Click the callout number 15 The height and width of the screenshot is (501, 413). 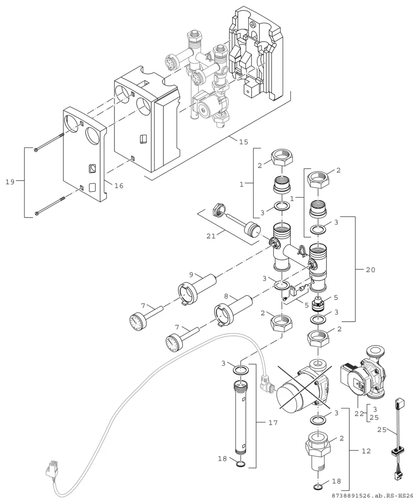pyautogui.click(x=243, y=142)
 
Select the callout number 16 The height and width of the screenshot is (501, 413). pyautogui.click(x=119, y=186)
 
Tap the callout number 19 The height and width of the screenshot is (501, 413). pyautogui.click(x=10, y=182)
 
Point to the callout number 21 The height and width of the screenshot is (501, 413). pyautogui.click(x=211, y=236)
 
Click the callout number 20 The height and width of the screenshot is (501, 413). pyautogui.click(x=370, y=270)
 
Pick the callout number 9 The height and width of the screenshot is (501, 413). pyautogui.click(x=191, y=275)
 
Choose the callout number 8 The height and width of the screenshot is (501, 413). pyautogui.click(x=226, y=296)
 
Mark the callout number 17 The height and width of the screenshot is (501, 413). pyautogui.click(x=273, y=423)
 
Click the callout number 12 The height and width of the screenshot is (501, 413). pyautogui.click(x=366, y=451)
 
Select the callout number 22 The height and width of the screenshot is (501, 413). pyautogui.click(x=359, y=414)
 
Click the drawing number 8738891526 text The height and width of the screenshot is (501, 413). pyautogui.click(x=351, y=496)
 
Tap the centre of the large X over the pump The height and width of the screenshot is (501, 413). pyautogui.click(x=305, y=388)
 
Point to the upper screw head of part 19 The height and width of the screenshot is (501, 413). pyautogui.click(x=36, y=150)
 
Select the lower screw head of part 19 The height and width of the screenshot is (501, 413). pyautogui.click(x=37, y=213)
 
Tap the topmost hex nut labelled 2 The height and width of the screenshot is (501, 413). pyautogui.click(x=282, y=159)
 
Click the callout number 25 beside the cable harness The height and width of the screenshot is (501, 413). pyautogui.click(x=382, y=430)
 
